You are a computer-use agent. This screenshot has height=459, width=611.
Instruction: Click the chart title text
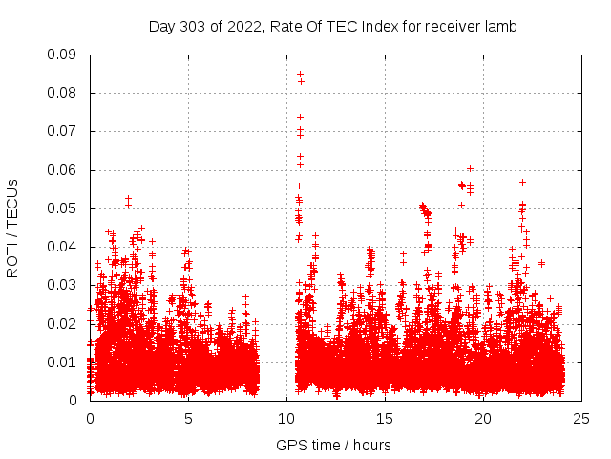(332, 27)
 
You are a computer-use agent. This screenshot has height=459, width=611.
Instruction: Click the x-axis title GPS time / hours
(332, 445)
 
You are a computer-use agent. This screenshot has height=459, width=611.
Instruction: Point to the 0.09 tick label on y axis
(63, 55)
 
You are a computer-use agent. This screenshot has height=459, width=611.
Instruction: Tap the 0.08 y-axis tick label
(63, 93)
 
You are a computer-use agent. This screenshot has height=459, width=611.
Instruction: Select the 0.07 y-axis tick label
(63, 131)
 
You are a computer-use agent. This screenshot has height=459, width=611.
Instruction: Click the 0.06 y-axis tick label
(63, 170)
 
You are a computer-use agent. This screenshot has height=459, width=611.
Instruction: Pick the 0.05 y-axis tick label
(63, 208)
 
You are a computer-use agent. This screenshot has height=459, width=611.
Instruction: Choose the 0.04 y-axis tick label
(63, 247)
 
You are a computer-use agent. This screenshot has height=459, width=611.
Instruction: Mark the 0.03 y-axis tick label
(63, 285)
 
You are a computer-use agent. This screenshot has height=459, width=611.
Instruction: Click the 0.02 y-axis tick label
(63, 323)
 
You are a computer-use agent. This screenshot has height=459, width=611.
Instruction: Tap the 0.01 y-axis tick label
(63, 361)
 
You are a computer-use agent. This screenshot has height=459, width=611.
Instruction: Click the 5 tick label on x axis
(188, 418)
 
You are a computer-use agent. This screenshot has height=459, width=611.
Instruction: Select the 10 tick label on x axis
(286, 418)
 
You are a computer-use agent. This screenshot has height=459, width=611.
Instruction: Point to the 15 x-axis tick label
(385, 418)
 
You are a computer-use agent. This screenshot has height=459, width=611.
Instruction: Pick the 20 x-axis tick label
(483, 418)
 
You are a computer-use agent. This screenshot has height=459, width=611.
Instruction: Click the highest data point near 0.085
(300, 74)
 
